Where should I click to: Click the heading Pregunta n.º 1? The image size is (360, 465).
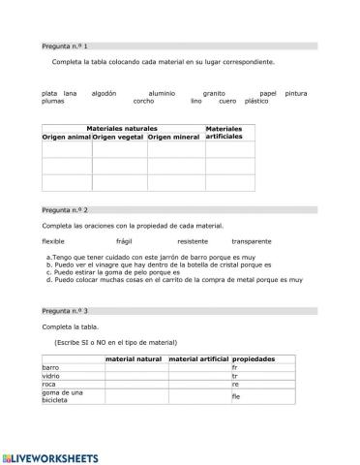tap(65, 46)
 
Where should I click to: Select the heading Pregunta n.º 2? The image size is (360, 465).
tap(65, 209)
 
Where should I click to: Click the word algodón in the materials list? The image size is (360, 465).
tap(104, 93)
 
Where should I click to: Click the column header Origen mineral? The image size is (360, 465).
tap(174, 138)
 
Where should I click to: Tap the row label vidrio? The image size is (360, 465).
tap(51, 376)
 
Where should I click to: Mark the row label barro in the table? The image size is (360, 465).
tap(50, 368)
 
